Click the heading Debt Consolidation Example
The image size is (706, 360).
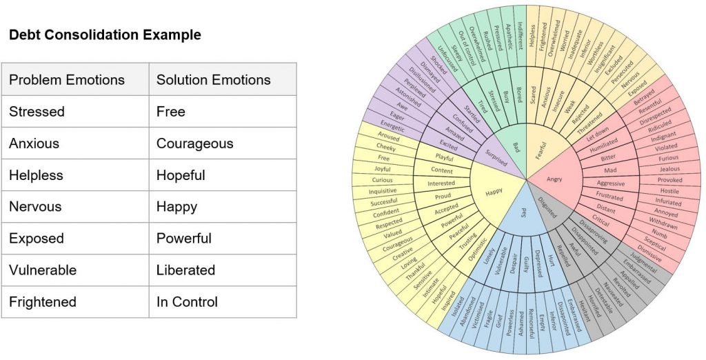[105, 35]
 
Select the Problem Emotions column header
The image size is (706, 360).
[67, 80]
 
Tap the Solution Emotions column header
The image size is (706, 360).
[214, 80]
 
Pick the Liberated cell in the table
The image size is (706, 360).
[185, 270]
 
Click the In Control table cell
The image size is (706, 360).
[187, 302]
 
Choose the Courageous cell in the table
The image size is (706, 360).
[194, 144]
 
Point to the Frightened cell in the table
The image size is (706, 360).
[43, 302]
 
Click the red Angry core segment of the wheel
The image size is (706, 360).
[554, 179]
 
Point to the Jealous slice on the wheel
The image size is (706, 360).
[668, 169]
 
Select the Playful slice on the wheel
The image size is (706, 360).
[443, 158]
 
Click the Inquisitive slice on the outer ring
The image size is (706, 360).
[382, 191]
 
